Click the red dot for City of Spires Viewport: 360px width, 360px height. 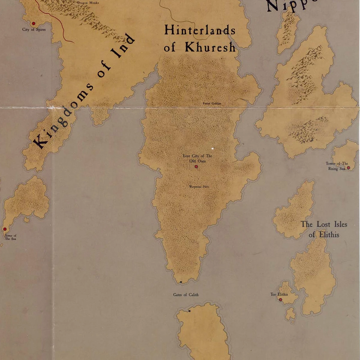point(34,23)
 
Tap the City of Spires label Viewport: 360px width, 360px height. point(34,29)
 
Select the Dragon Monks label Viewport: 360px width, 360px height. point(88,3)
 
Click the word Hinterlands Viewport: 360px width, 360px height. point(200,31)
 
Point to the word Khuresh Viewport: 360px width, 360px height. point(210,47)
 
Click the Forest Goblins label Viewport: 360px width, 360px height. point(212,103)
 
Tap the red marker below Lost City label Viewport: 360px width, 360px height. point(196,166)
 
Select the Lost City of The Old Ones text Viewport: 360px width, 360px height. point(197,158)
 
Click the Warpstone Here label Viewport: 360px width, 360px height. point(199,187)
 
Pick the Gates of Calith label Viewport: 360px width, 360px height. point(186,295)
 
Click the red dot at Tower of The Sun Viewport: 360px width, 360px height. point(5,229)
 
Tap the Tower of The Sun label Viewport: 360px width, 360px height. point(10,237)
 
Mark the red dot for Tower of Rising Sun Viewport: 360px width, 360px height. point(348,168)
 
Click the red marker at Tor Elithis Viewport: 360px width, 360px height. point(280,300)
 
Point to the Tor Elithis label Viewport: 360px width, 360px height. point(279,294)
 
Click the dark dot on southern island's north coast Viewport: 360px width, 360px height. point(189,311)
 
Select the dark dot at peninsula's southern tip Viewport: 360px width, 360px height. point(181,282)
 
